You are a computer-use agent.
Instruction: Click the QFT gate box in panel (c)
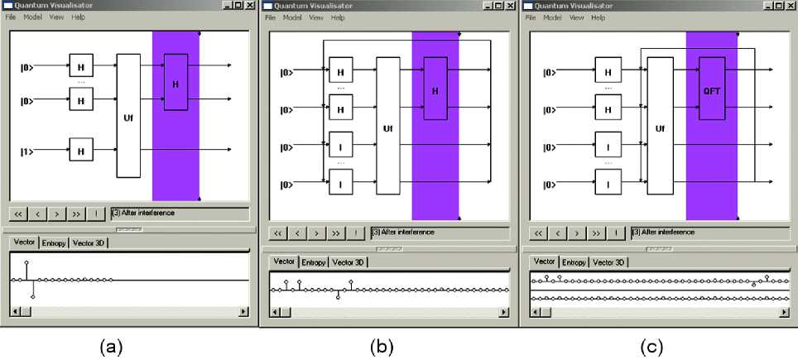(x=717, y=88)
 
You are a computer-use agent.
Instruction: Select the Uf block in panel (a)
(x=128, y=116)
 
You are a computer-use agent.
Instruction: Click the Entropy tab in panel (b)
(x=313, y=262)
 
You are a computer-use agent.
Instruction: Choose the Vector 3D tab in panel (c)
(x=608, y=262)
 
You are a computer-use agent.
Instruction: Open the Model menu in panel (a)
(x=32, y=17)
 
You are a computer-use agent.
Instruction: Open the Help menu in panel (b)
(x=338, y=17)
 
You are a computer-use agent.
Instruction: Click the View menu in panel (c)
(x=576, y=17)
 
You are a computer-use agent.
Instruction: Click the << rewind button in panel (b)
(x=279, y=233)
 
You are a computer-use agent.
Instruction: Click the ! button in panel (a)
(x=98, y=214)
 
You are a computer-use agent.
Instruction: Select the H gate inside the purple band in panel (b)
(x=435, y=88)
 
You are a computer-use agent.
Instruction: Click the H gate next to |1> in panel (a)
(x=81, y=151)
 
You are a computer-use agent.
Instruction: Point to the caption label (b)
(x=382, y=347)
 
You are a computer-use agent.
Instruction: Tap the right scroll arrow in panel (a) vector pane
(x=243, y=312)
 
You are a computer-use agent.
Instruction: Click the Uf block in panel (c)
(x=659, y=129)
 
